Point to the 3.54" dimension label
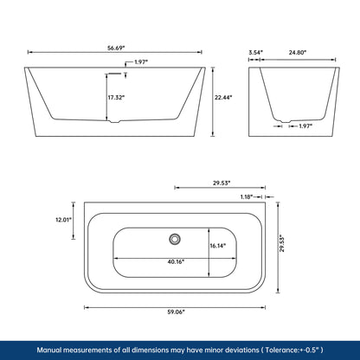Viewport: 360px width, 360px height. (x=255, y=52)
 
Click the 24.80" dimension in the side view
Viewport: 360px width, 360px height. (x=296, y=52)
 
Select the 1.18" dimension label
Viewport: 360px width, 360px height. (x=246, y=198)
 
